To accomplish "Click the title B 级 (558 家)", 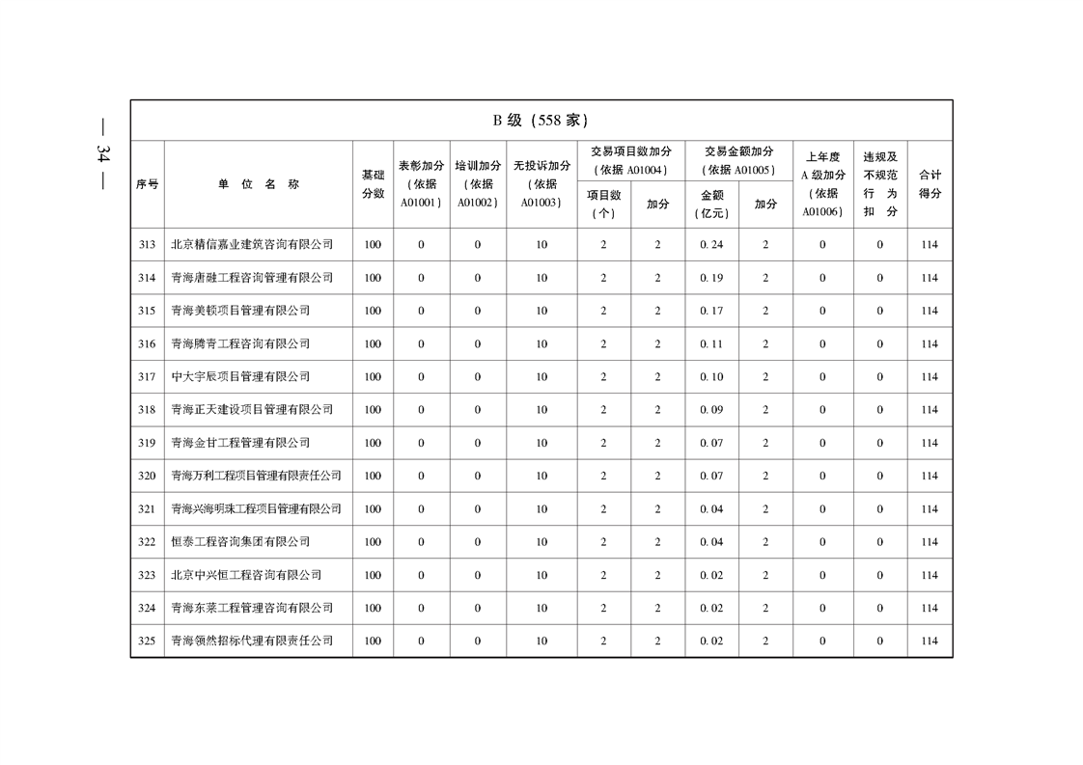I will (541, 121).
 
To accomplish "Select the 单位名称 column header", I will (258, 184).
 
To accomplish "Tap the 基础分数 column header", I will (373, 184).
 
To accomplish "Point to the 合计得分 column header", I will (930, 184).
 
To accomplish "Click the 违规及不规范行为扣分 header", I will (879, 184).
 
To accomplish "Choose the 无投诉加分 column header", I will (541, 184).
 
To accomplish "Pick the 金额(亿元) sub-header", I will (711, 205).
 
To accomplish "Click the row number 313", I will (147, 245).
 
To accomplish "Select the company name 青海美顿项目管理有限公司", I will (240, 311).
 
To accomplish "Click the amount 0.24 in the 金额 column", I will (711, 245).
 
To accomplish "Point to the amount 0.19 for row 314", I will (711, 278).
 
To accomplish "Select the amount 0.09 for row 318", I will (711, 410).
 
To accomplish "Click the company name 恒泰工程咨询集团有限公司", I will (240, 542).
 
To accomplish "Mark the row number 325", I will (147, 642).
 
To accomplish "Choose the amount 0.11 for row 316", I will (711, 344).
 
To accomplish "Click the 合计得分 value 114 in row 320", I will (930, 477).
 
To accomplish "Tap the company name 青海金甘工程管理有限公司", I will (240, 443).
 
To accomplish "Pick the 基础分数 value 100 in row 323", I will (373, 575).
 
